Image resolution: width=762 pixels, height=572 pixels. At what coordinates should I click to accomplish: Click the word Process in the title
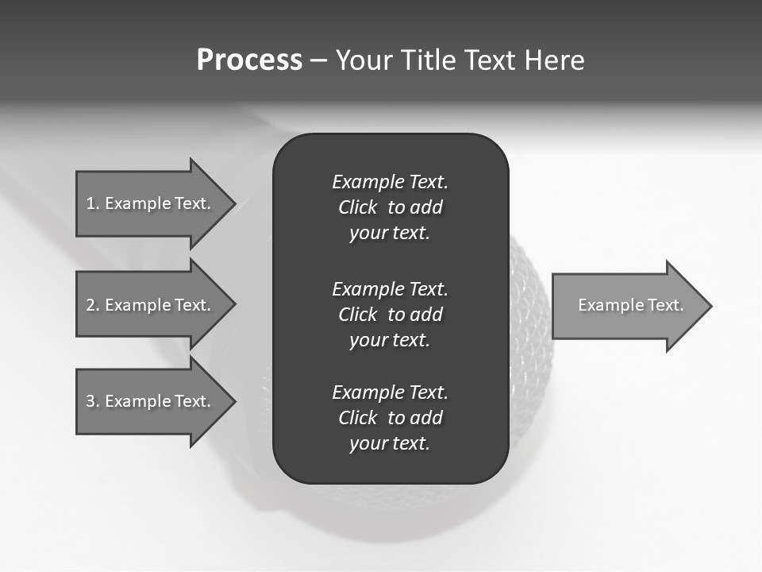[249, 60]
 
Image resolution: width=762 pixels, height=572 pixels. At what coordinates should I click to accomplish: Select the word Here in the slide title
[554, 60]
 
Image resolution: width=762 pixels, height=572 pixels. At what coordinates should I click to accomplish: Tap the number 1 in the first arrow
[90, 203]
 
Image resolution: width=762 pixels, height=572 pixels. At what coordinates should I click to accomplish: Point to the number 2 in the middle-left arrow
[90, 305]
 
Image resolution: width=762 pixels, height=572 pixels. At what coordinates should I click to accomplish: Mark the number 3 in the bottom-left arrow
[90, 401]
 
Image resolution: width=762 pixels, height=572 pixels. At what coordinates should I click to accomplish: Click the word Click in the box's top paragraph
[358, 207]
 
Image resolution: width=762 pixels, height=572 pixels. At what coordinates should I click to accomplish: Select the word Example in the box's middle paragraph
[368, 288]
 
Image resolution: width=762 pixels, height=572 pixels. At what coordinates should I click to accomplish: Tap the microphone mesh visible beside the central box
[528, 318]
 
